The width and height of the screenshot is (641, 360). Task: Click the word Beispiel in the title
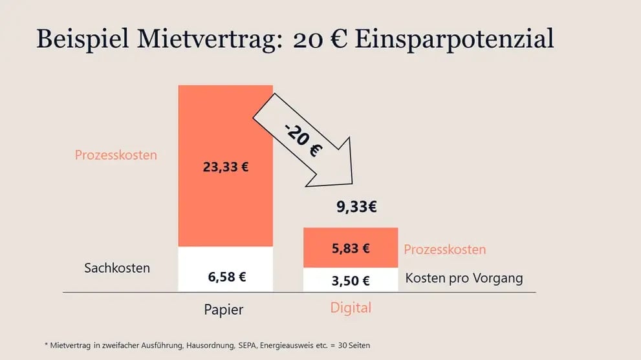tap(80, 39)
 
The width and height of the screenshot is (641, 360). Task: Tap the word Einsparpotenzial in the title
tap(454, 39)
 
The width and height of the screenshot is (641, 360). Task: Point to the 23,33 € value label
tap(226, 167)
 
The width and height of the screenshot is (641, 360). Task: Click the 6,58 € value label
tap(226, 277)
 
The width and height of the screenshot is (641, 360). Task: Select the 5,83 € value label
tap(350, 248)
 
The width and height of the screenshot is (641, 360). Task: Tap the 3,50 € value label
tap(350, 281)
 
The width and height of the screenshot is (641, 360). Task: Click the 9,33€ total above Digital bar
tap(356, 207)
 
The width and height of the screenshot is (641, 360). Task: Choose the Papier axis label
tap(224, 310)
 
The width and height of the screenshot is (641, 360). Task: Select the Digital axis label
tap(351, 308)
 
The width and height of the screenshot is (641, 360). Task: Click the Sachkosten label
tap(117, 268)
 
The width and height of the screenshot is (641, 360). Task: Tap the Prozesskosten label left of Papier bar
tap(116, 155)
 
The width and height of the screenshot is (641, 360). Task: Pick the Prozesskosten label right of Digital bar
tap(444, 249)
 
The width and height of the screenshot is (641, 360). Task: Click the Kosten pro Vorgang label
tap(464, 279)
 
